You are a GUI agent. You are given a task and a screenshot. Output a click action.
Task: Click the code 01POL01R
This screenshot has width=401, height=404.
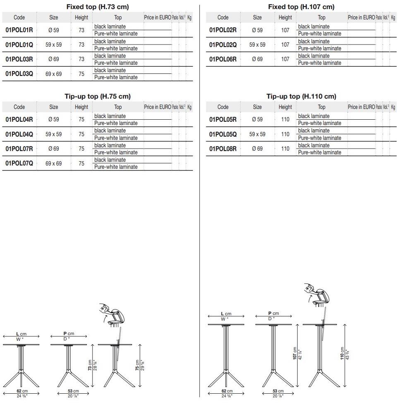19,30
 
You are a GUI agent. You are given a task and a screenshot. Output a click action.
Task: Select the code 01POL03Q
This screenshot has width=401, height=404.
19,74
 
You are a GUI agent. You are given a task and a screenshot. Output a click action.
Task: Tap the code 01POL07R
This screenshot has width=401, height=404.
19,149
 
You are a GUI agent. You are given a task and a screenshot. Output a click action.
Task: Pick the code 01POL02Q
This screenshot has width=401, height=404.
223,45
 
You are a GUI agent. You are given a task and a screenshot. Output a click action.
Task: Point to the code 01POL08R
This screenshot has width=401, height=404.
223,149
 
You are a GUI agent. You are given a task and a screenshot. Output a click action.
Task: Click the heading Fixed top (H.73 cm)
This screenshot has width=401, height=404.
98,7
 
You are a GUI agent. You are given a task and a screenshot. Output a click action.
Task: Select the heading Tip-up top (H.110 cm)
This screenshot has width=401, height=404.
301,96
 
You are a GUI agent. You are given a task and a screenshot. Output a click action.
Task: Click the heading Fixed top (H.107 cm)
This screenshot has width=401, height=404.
301,7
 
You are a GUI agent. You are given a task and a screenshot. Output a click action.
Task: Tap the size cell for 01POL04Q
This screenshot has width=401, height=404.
54,134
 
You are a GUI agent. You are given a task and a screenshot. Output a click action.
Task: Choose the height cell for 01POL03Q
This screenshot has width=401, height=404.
81,74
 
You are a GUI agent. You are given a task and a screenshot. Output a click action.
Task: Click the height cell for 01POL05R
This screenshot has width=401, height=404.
285,120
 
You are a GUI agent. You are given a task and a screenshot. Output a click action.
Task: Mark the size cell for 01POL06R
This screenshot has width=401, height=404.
257,59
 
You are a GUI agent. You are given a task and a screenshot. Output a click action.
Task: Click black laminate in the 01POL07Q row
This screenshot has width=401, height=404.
110,160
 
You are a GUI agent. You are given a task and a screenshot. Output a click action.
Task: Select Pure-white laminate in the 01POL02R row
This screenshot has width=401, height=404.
320,33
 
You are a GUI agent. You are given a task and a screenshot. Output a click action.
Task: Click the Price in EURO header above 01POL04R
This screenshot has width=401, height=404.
157,107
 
